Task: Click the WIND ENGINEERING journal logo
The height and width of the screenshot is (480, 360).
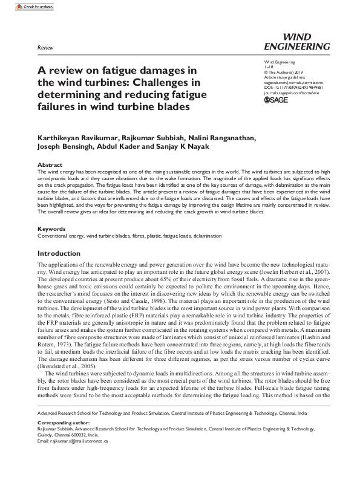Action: pyautogui.click(x=298, y=41)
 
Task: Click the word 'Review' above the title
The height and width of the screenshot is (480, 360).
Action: pyautogui.click(x=45, y=47)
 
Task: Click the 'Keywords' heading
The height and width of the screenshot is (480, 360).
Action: pyautogui.click(x=51, y=229)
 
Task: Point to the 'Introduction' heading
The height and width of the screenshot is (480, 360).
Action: pyautogui.click(x=59, y=253)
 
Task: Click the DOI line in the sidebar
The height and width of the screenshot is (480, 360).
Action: pyautogui.click(x=295, y=86)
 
